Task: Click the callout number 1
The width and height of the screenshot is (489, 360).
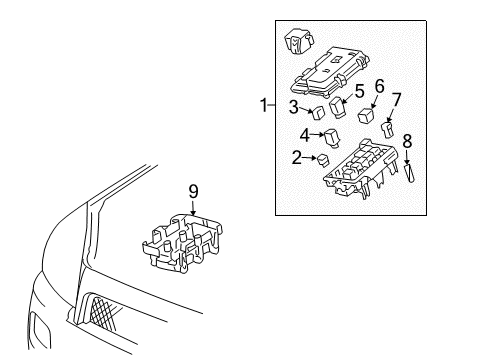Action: (x=263, y=104)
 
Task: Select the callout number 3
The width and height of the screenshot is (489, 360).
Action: (x=295, y=107)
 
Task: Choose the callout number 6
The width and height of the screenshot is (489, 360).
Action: (x=379, y=86)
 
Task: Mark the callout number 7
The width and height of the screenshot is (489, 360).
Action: (x=397, y=101)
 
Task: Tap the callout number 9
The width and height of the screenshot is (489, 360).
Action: (x=194, y=189)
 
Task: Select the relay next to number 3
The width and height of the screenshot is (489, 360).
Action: (x=317, y=111)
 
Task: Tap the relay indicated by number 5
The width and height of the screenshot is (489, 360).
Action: (x=341, y=107)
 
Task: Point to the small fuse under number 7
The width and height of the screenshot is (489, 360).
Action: (x=390, y=127)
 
